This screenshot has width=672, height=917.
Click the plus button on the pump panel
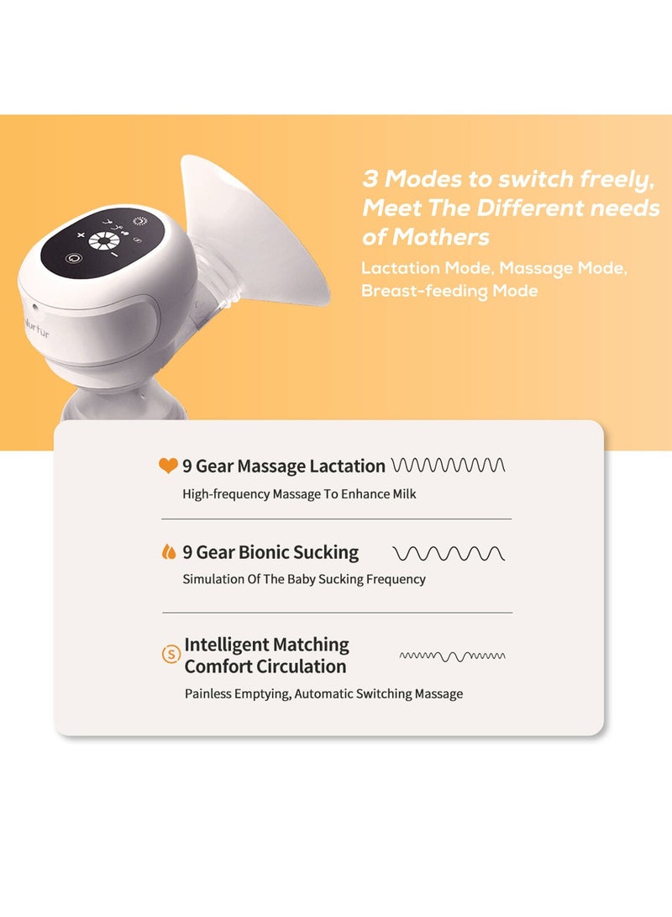click(x=81, y=235)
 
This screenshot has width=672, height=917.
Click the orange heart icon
click(x=168, y=465)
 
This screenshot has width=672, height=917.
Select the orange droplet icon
click(x=168, y=552)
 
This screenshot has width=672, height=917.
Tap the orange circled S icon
click(x=171, y=653)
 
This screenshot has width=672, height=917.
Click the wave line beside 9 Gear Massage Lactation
click(x=449, y=465)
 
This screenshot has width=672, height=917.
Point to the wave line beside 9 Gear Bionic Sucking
click(x=449, y=553)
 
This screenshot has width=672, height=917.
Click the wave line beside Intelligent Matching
click(x=452, y=655)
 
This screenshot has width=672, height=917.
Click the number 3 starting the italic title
click(x=370, y=179)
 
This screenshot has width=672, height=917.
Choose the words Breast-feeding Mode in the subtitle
click(x=449, y=291)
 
